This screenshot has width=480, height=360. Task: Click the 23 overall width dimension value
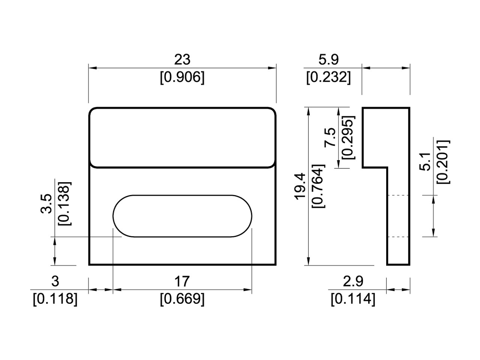(x=182, y=59)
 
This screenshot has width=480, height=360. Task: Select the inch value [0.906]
(x=182, y=78)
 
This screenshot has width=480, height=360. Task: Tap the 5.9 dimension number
(x=328, y=59)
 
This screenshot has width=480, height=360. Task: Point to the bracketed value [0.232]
(x=328, y=78)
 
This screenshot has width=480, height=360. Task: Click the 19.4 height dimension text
(x=300, y=186)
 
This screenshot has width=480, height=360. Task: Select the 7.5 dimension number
(x=330, y=138)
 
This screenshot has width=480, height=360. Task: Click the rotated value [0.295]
(x=348, y=138)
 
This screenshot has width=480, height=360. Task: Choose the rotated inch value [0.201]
(x=443, y=162)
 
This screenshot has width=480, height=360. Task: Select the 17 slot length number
(x=182, y=281)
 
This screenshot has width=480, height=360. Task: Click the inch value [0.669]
(x=182, y=299)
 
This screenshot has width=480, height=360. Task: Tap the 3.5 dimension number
(x=46, y=204)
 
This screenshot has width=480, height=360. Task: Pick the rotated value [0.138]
(x=63, y=204)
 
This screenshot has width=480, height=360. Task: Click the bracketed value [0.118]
(x=55, y=299)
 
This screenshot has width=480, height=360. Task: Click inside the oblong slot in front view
(x=182, y=216)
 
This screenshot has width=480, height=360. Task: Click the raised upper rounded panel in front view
(x=182, y=137)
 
